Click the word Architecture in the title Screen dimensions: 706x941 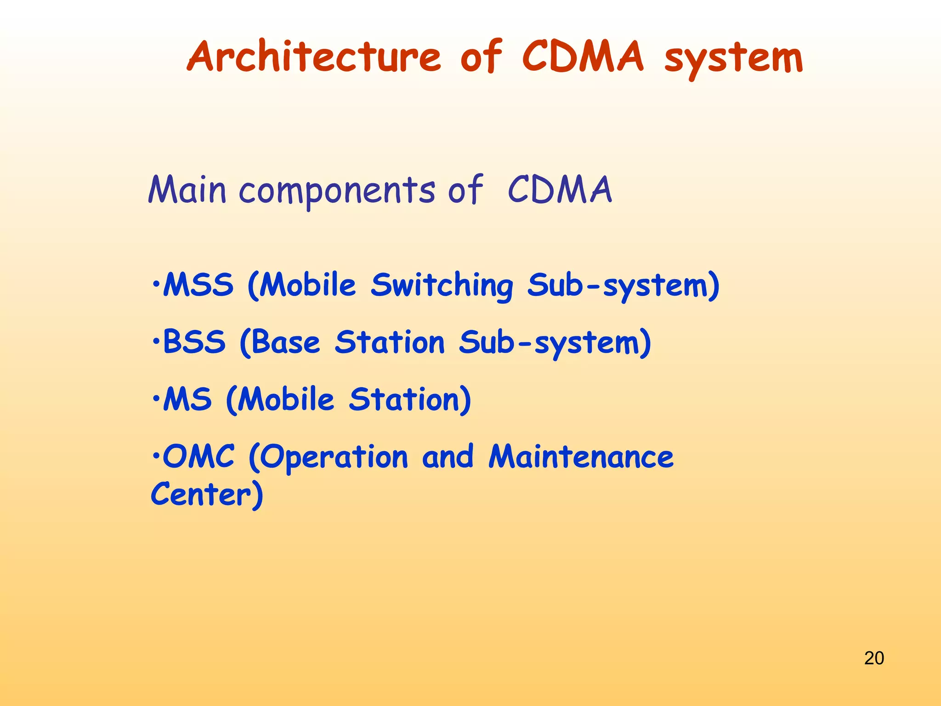coord(314,57)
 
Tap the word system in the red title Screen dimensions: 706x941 coord(733,59)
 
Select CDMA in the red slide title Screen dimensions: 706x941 coord(583,57)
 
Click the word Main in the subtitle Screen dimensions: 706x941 coord(187,190)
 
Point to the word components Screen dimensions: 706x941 coord(336,191)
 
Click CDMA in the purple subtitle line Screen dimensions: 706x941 coord(560,190)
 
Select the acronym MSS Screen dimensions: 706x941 coord(198,285)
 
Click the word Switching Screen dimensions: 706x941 coord(442,286)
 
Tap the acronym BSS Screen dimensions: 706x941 coord(194,342)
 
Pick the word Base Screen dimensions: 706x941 coord(285,343)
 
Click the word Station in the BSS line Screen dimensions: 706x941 coord(390,343)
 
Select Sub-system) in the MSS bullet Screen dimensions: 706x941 coord(623,286)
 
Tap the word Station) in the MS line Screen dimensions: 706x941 coord(410,399)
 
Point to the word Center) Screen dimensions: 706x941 coord(207,495)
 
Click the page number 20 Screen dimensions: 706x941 coord(874,658)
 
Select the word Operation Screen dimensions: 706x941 coord(328,458)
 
